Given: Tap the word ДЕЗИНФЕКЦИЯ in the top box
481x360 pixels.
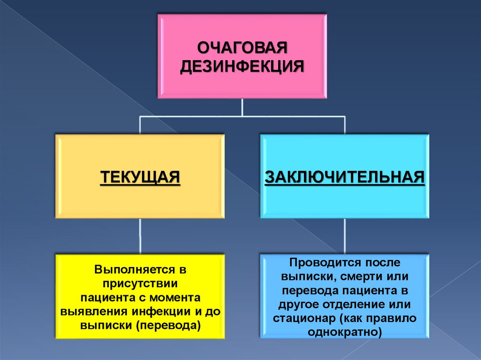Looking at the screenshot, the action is coord(242,66).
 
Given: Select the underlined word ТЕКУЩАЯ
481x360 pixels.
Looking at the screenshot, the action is coord(140,177).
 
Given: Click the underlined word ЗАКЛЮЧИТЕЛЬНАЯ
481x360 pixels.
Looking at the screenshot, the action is coord(345,177).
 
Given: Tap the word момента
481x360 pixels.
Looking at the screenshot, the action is coord(176,298).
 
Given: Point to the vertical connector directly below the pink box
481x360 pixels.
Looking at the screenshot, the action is coord(242,107).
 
